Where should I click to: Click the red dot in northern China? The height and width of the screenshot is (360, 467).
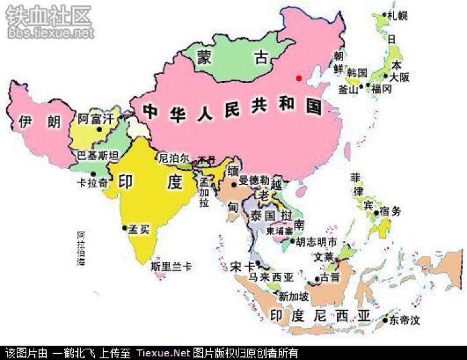coord(299,78)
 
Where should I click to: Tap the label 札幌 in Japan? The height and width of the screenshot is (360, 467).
coord(399,16)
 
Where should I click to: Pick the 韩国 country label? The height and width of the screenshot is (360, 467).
coord(357,72)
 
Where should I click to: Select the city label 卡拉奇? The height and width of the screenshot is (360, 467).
coord(87,184)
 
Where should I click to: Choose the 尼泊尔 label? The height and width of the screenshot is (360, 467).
coord(174,158)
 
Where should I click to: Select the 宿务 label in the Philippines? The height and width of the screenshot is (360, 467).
coord(392,212)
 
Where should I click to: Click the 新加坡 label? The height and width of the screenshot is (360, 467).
coord(293,296)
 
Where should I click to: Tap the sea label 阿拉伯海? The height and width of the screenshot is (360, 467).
coord(81,249)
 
